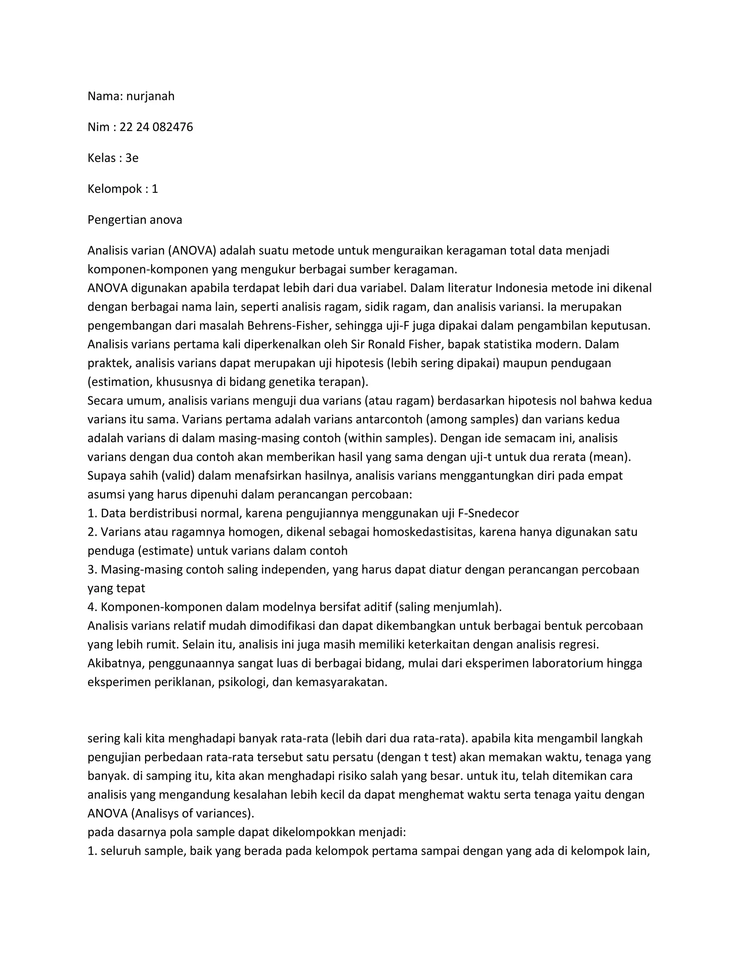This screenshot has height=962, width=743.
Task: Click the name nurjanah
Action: coord(150,96)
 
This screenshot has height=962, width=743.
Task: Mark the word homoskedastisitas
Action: coord(423,532)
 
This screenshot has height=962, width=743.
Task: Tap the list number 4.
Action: coord(91,607)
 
